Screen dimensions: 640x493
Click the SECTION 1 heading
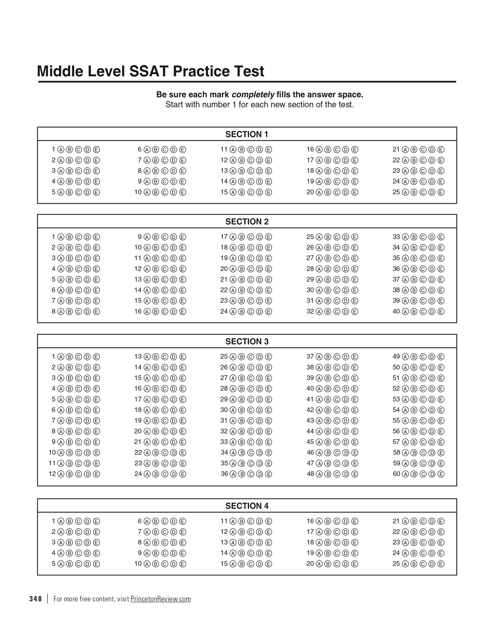pyautogui.click(x=246, y=134)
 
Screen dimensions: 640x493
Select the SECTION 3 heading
pyautogui.click(x=246, y=341)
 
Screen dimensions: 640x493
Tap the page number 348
pyautogui.click(x=35, y=599)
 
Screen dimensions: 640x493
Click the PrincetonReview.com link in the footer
pyautogui.click(x=161, y=599)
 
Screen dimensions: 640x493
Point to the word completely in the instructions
pyautogui.click(x=253, y=95)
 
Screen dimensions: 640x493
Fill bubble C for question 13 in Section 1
pyautogui.click(x=250, y=171)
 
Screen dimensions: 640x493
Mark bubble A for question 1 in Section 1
pyautogui.click(x=61, y=150)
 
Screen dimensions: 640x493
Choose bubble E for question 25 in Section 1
pyautogui.click(x=441, y=192)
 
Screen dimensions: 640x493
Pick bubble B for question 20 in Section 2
pyautogui.click(x=241, y=269)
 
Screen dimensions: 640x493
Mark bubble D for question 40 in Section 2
pyautogui.click(x=432, y=312)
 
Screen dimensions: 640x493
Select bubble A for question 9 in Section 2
pyautogui.click(x=147, y=237)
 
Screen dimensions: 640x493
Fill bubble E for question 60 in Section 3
pyautogui.click(x=441, y=474)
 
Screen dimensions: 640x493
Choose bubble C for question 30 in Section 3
pyautogui.click(x=250, y=410)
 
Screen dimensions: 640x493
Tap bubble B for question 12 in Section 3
pyautogui.click(x=69, y=474)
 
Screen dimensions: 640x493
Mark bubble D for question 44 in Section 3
pyautogui.click(x=346, y=431)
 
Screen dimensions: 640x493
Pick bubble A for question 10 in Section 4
pyautogui.click(x=147, y=564)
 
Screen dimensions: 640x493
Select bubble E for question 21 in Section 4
pyautogui.click(x=441, y=521)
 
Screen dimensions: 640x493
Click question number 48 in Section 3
pyautogui.click(x=310, y=474)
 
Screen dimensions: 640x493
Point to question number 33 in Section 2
pyautogui.click(x=396, y=237)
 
